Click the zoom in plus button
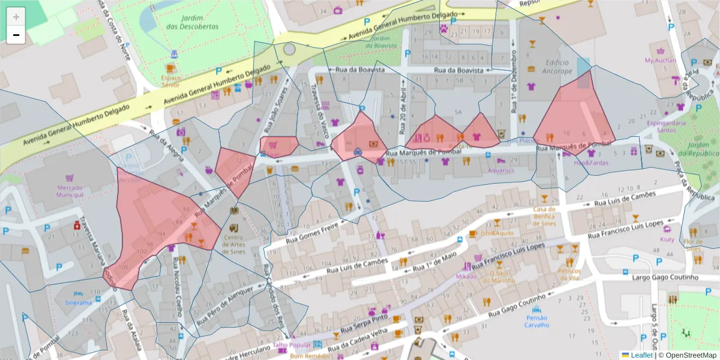coord(16,17)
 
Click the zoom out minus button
coord(16,35)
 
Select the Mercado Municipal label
coord(70,191)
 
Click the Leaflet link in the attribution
coord(641,355)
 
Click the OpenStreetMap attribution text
coord(690,355)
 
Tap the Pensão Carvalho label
coord(537,321)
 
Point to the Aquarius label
coord(501,170)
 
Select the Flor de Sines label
coord(692,245)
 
